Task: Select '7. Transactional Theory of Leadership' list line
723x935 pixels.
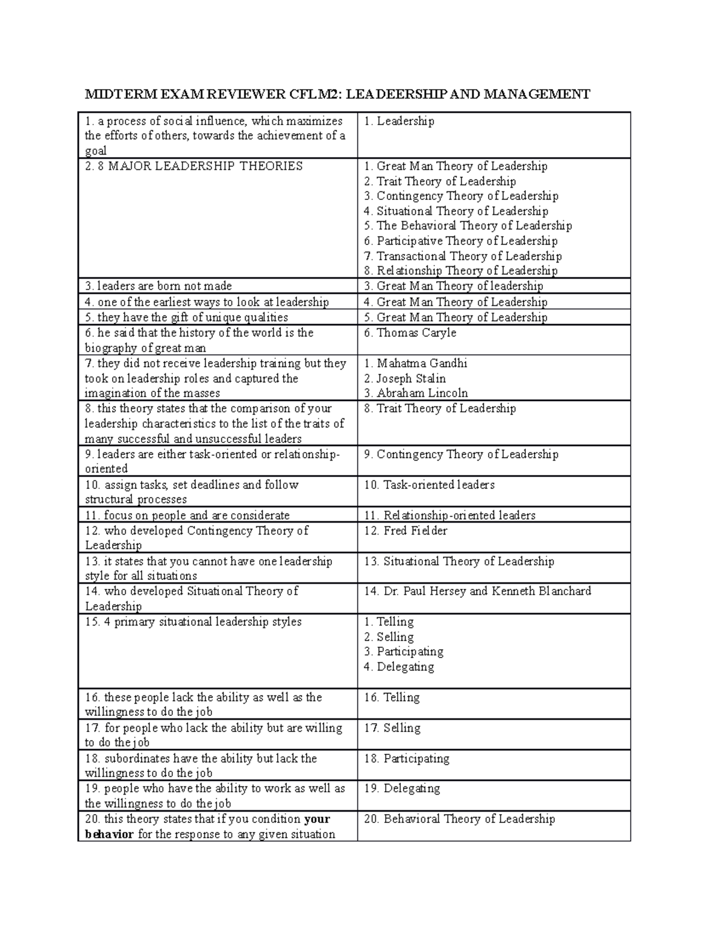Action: pyautogui.click(x=463, y=256)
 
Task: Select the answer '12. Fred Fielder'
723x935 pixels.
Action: pyautogui.click(x=405, y=531)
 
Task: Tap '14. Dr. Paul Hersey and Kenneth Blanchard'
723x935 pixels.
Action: pyautogui.click(x=477, y=591)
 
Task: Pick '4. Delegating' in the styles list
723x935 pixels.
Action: pyautogui.click(x=399, y=667)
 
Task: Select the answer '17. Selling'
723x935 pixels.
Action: pyautogui.click(x=392, y=728)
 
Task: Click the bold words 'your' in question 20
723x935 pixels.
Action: pyautogui.click(x=317, y=819)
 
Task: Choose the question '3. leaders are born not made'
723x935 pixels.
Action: pyautogui.click(x=158, y=287)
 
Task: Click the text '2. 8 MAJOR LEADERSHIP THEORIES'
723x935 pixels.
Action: pyautogui.click(x=193, y=167)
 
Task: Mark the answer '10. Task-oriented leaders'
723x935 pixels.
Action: pyautogui.click(x=429, y=485)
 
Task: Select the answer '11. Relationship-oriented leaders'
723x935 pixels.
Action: pyautogui.click(x=449, y=516)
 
